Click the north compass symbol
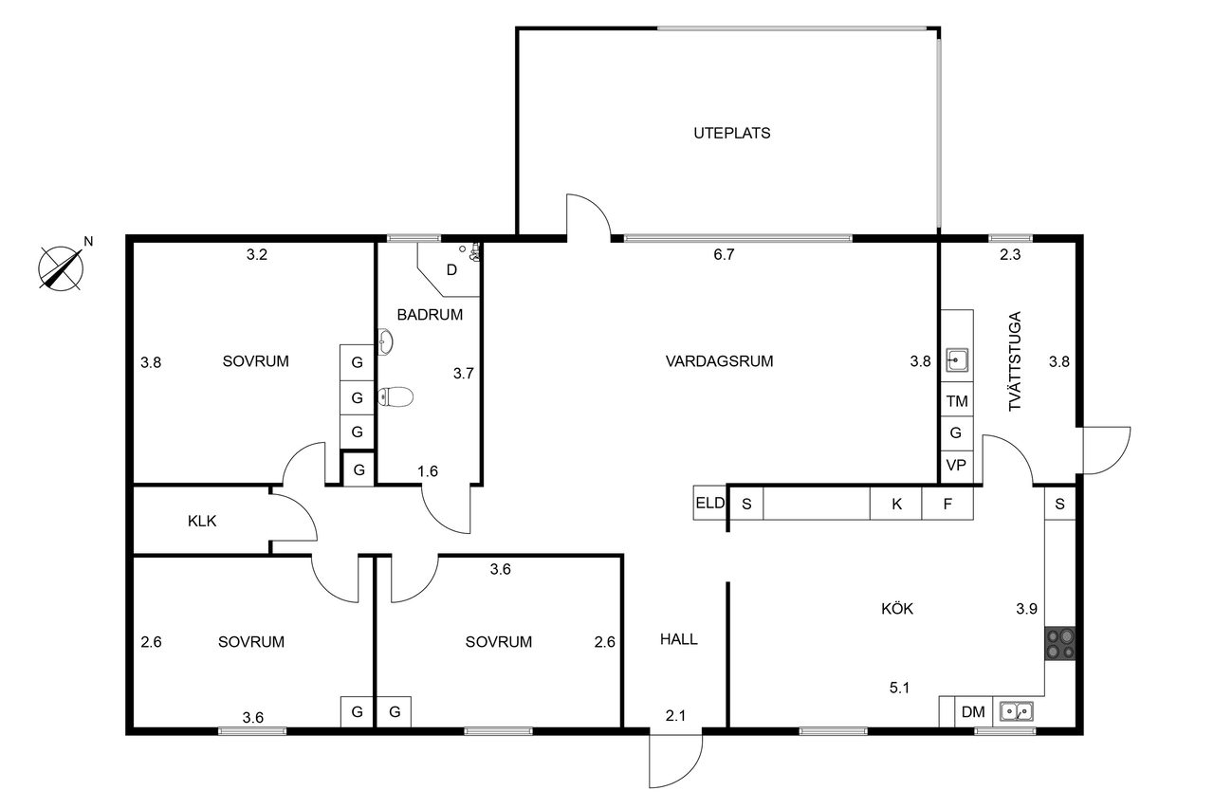click(x=62, y=267)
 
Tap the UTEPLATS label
click(x=731, y=134)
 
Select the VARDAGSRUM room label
click(x=719, y=361)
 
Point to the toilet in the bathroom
click(x=395, y=396)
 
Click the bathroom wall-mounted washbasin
click(x=385, y=342)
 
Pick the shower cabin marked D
click(x=449, y=270)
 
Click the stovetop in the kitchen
click(x=1060, y=643)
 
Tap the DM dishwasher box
click(x=973, y=712)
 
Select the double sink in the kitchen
click(x=1016, y=711)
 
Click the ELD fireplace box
click(x=709, y=503)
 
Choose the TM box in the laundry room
click(x=957, y=401)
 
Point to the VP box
click(x=956, y=466)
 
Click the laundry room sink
click(x=957, y=359)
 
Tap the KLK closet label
click(x=202, y=522)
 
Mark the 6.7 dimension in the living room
click(x=724, y=255)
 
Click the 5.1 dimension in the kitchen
click(x=899, y=689)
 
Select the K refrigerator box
click(x=896, y=504)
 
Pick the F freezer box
click(x=947, y=504)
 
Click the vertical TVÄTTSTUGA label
click(x=1014, y=361)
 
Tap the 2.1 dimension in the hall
click(x=675, y=716)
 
